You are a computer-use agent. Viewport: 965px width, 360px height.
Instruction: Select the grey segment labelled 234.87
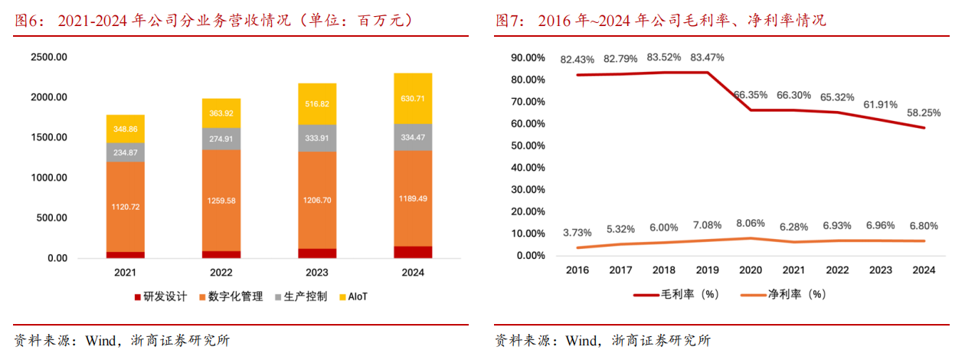click(125, 152)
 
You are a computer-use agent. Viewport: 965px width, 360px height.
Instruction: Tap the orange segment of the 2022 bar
click(222, 201)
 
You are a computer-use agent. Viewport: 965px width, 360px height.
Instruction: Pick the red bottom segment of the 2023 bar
click(316, 254)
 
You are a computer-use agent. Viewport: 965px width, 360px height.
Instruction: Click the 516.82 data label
click(316, 103)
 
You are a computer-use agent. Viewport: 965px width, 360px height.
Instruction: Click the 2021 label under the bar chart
click(125, 272)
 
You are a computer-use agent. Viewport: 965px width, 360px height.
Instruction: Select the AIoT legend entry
click(353, 296)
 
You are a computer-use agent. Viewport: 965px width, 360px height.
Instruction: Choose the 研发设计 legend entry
click(160, 296)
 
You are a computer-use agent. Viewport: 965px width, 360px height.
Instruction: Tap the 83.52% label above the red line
click(664, 57)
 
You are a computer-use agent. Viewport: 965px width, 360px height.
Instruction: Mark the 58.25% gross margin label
click(924, 113)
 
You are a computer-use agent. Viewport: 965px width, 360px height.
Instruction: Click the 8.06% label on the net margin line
click(751, 224)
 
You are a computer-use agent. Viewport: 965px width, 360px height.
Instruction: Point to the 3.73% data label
click(577, 233)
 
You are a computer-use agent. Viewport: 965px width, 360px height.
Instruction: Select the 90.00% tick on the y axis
click(528, 57)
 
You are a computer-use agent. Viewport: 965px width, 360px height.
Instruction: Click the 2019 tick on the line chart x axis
click(707, 270)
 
